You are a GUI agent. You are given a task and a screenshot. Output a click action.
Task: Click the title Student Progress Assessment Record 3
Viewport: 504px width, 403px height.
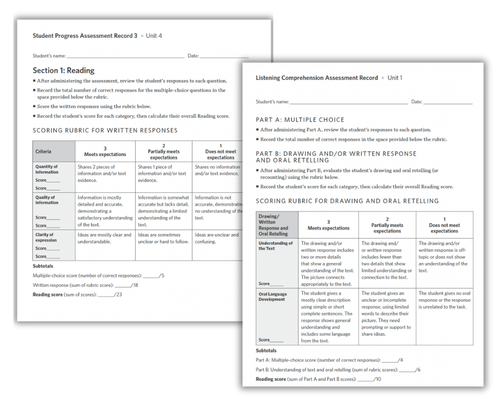coord(85,36)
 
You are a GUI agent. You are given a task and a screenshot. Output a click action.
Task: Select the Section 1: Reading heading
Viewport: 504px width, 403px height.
coord(64,71)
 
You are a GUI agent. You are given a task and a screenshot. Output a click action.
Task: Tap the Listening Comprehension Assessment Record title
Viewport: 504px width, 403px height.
coord(317,78)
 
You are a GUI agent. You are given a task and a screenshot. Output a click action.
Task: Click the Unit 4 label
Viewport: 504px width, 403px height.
coord(154,36)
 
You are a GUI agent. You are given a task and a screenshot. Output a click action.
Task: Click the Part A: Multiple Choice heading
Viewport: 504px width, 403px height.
coord(300,120)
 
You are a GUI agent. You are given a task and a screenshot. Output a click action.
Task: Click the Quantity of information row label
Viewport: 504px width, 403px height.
coord(47,169)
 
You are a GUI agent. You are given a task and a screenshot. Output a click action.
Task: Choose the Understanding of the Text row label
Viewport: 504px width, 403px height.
coord(275,246)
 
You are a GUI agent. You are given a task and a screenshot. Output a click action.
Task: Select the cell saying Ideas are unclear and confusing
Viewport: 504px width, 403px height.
coord(217,238)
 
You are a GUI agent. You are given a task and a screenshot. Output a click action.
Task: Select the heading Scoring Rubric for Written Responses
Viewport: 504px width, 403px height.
coord(105,130)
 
